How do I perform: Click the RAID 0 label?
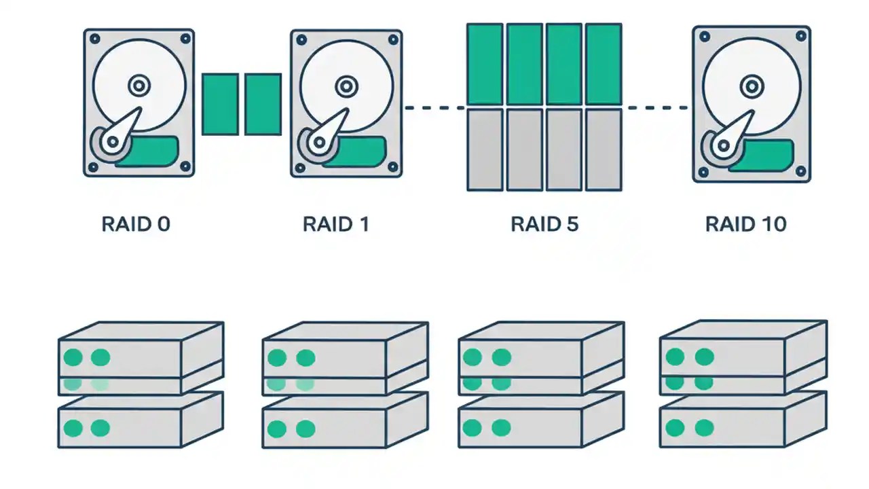pos(136,224)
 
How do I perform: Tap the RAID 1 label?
pos(336,224)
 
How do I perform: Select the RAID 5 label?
pos(544,224)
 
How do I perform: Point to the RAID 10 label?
pos(745,224)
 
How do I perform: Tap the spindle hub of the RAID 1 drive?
pos(346,86)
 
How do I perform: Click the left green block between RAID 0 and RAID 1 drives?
pos(220,104)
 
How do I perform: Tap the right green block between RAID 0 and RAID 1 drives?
pos(263,104)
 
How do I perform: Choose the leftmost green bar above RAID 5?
pos(485,64)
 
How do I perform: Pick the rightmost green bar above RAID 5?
pos(604,64)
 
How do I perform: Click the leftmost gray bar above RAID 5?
pos(485,149)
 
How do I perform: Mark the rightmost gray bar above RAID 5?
pos(604,149)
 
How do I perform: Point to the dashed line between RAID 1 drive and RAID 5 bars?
pos(434,107)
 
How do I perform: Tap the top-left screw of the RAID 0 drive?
pos(95,39)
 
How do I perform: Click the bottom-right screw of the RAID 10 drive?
pos(800,170)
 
